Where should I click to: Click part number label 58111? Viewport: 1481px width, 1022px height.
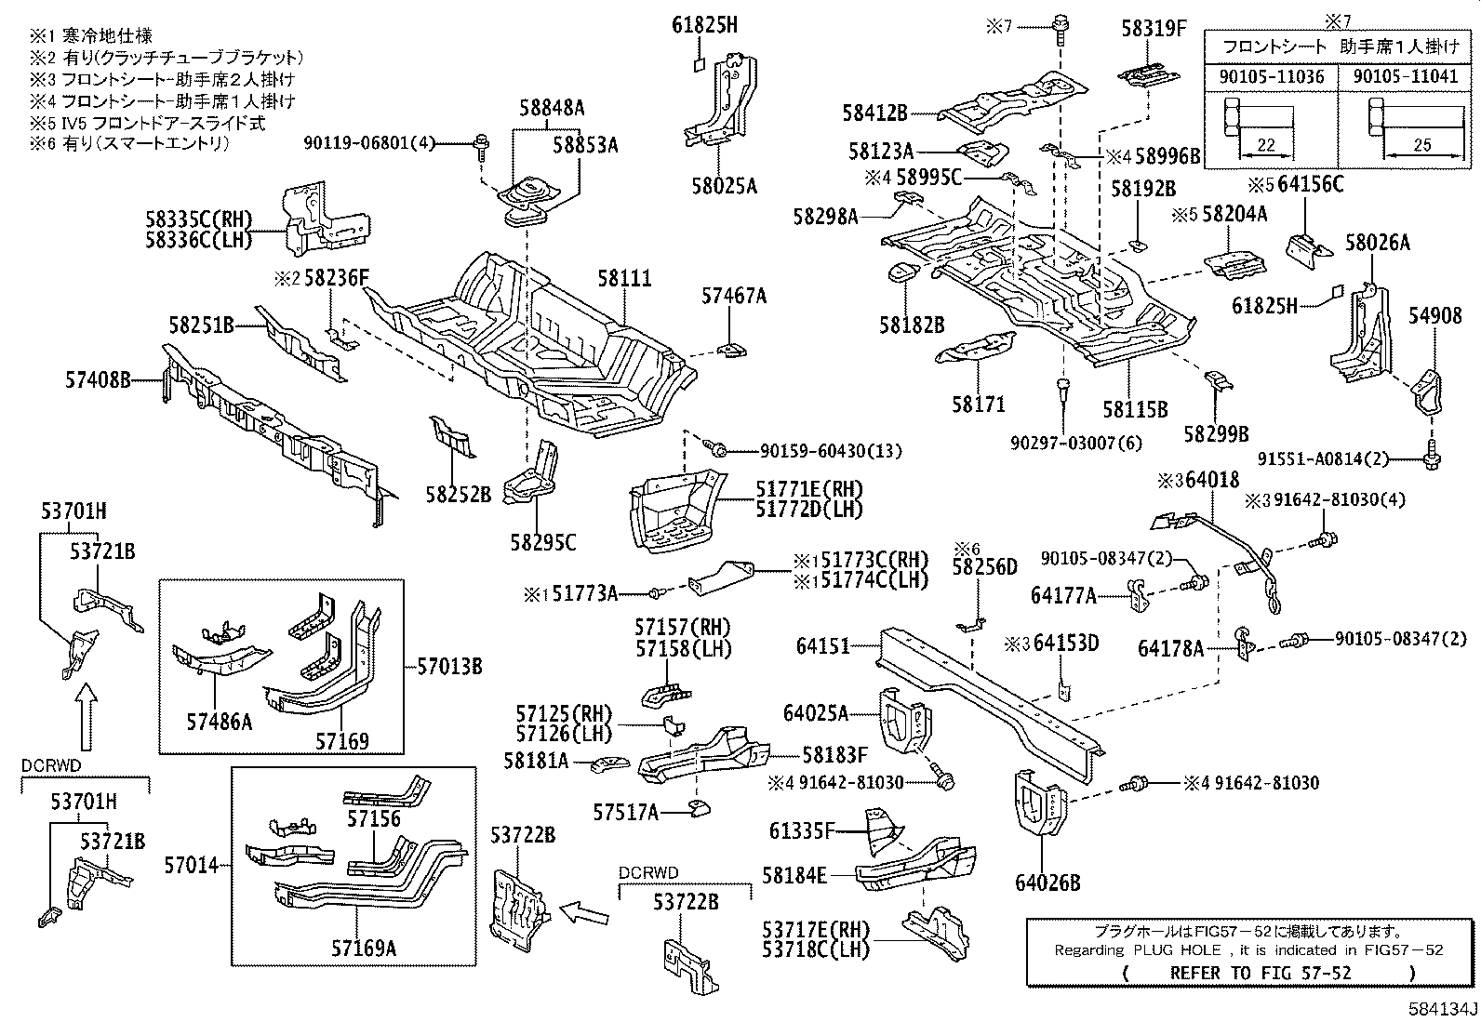click(624, 278)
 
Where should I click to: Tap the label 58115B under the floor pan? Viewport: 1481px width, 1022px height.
click(1135, 408)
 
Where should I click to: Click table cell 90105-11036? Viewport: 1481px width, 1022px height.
click(1271, 76)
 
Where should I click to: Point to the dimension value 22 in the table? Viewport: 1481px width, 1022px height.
click(1265, 145)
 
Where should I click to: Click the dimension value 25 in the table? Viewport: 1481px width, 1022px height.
click(1421, 145)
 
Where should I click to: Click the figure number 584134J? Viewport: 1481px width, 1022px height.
click(1442, 1010)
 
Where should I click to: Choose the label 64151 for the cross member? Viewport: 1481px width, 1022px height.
click(822, 644)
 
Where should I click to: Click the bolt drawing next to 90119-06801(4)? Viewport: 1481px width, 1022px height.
click(483, 142)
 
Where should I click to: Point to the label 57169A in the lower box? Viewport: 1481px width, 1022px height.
click(364, 948)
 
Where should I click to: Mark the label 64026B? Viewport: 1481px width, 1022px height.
click(1047, 883)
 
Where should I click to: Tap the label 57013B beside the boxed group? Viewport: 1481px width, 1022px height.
click(448, 666)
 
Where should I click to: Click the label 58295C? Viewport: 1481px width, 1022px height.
click(542, 541)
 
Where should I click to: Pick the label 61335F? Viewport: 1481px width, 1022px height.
click(804, 830)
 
